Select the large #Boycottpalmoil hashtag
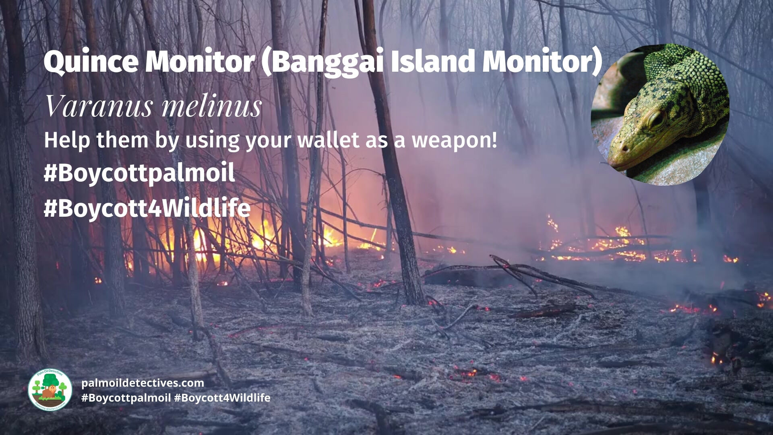pyautogui.click(x=139, y=174)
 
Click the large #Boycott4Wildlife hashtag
pyautogui.click(x=147, y=208)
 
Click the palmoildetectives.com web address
pyautogui.click(x=143, y=383)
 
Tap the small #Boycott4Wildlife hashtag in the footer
pyautogui.click(x=222, y=398)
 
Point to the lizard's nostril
pyautogui.click(x=624, y=148)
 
